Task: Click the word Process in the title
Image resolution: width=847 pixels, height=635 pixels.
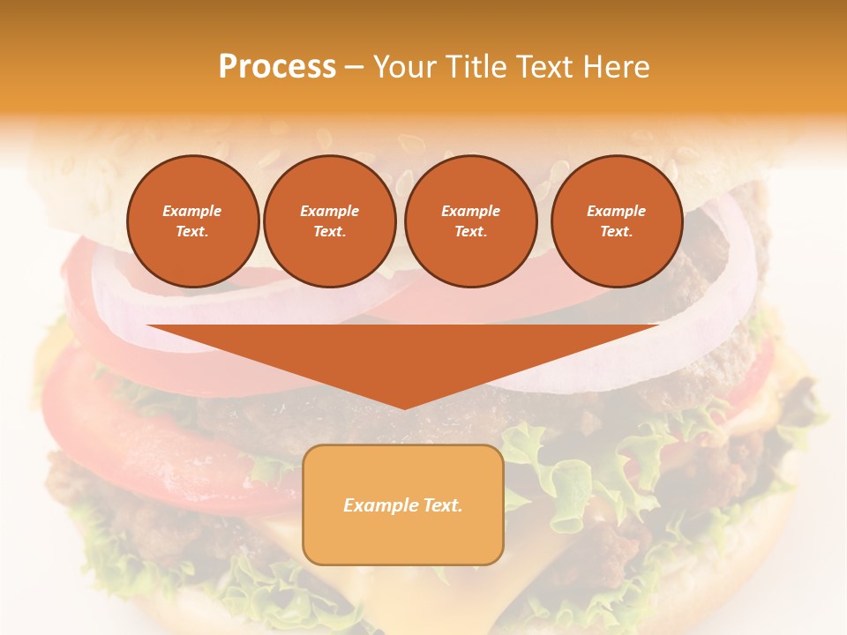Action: (277, 67)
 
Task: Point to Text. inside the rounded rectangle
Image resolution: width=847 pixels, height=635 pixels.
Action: (441, 505)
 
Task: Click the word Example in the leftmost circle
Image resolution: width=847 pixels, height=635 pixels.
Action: (192, 211)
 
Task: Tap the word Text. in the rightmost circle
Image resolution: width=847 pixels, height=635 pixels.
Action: (616, 231)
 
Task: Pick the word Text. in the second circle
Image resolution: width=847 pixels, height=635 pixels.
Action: (329, 231)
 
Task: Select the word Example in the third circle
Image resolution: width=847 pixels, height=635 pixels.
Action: (470, 211)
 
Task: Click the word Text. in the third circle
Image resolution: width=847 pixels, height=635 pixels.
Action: (470, 231)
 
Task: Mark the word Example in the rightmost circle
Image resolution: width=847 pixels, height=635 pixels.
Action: (616, 211)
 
